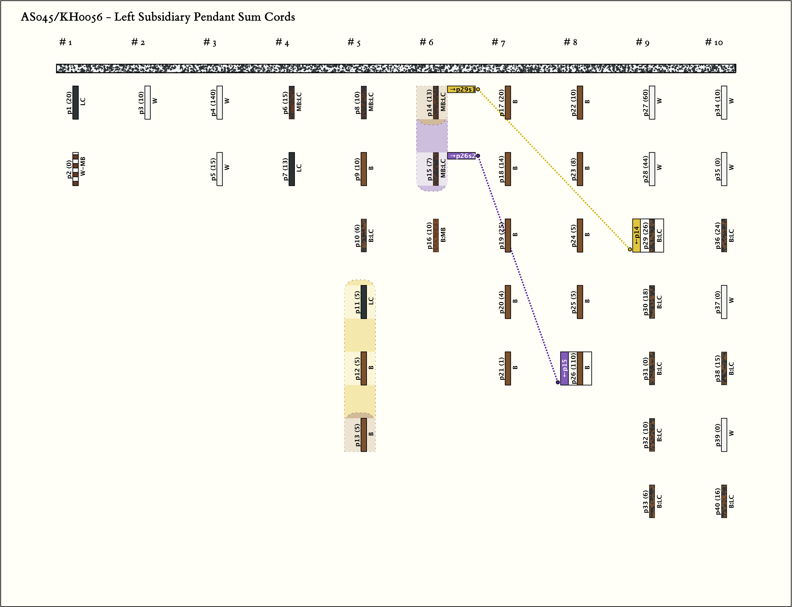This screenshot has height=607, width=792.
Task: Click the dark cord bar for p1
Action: (76, 103)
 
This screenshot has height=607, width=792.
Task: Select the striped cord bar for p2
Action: (76, 169)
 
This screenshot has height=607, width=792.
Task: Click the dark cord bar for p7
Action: (292, 169)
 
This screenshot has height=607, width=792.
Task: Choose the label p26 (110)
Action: (573, 368)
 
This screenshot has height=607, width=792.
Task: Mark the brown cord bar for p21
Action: (508, 368)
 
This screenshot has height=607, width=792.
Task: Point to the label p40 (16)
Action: (717, 501)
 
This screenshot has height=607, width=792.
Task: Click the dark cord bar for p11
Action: (364, 302)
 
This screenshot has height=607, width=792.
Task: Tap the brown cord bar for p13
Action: (364, 435)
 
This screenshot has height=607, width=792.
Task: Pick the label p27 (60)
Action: (645, 103)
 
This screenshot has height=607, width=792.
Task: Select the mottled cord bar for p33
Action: (652, 501)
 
